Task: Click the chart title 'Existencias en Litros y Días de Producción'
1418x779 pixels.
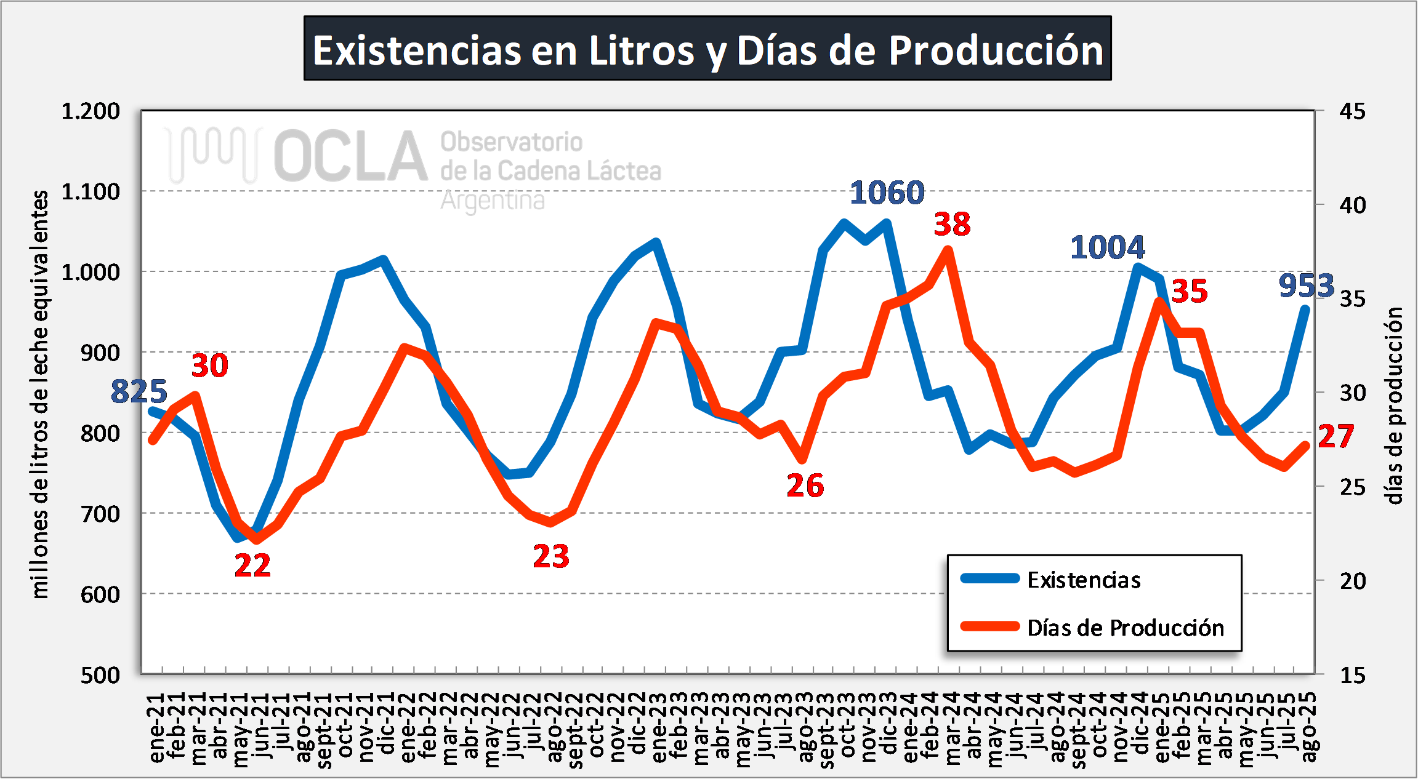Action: tap(707, 49)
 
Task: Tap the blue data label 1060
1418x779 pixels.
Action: tap(887, 193)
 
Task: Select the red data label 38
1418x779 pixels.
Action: tap(952, 224)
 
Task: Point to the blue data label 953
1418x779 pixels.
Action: tap(1306, 286)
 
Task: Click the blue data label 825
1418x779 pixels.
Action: tap(139, 391)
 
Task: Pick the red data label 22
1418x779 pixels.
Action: tap(252, 565)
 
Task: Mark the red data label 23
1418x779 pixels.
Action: tap(551, 556)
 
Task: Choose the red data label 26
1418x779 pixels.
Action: tap(805, 485)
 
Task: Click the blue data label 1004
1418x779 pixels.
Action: tap(1107, 247)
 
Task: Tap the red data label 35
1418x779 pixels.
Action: tap(1189, 291)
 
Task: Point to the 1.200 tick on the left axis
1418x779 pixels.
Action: tap(91, 111)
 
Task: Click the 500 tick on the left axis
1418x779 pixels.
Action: tap(100, 675)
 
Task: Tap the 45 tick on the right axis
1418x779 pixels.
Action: tap(1352, 111)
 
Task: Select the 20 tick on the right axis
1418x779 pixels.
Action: tap(1352, 581)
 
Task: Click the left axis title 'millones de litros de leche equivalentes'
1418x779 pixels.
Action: tap(40, 394)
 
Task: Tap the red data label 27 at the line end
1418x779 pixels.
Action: tap(1335, 436)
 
